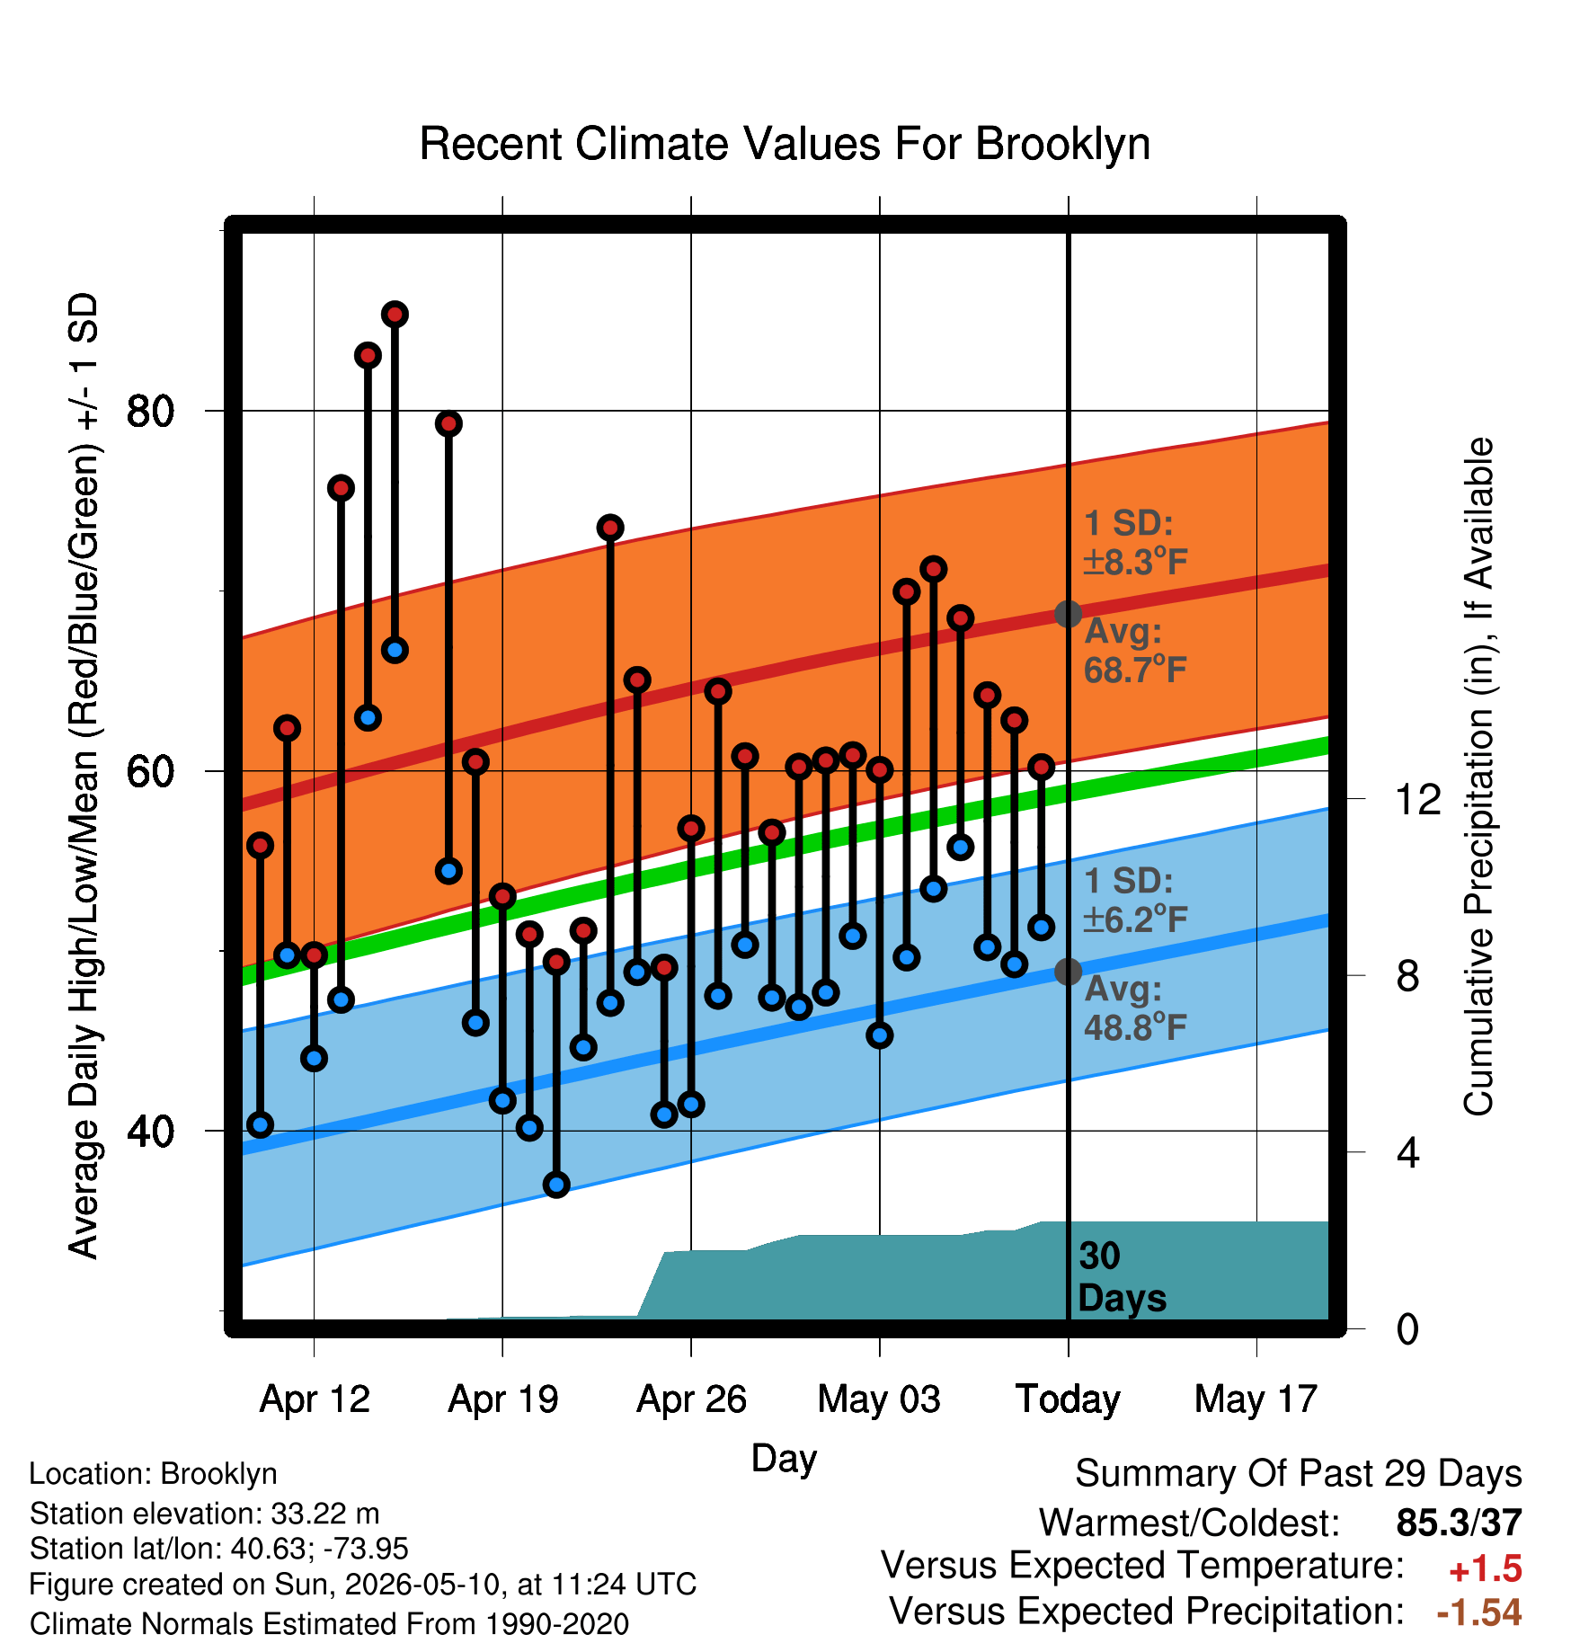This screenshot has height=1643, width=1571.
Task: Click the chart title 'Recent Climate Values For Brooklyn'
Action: (785, 145)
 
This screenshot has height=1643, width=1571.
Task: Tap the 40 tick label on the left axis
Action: (150, 1131)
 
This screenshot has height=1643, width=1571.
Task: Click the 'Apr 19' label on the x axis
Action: (503, 1399)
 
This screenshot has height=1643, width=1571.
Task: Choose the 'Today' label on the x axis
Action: (1068, 1399)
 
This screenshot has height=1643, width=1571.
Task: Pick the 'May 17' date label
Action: (1256, 1399)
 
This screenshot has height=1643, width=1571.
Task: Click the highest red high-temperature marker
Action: (395, 315)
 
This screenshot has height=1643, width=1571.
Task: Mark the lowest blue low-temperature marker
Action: (556, 1185)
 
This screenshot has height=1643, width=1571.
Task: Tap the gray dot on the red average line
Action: (1068, 614)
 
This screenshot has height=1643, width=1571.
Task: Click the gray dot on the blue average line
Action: (1068, 971)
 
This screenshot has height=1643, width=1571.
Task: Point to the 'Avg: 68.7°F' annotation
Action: (1135, 651)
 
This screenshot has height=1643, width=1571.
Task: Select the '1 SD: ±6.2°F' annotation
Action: (1135, 900)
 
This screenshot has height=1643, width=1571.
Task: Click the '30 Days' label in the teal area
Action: (1122, 1277)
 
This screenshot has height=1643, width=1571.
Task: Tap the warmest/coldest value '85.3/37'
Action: (1459, 1523)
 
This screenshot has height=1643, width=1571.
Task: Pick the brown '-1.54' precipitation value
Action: (1479, 1612)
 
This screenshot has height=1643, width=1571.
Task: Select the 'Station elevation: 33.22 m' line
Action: (205, 1514)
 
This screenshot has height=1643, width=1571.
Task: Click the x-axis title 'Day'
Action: (784, 1458)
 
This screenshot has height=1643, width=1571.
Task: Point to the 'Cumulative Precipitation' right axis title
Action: (1478, 777)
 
